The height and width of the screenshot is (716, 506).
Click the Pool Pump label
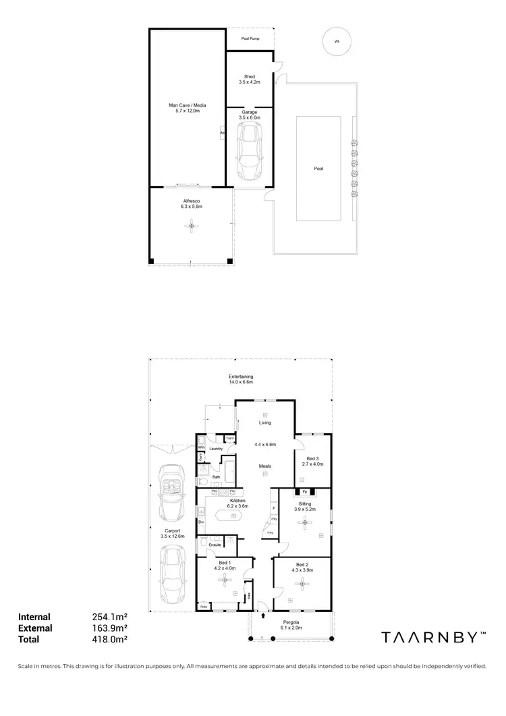point(250,39)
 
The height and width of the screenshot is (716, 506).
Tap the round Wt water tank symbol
point(336,41)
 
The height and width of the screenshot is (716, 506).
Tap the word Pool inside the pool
point(318,169)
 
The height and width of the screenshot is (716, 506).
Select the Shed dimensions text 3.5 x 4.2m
point(250,82)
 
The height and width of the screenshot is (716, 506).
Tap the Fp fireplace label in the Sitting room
point(305,491)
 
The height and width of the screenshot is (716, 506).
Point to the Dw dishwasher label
point(201,522)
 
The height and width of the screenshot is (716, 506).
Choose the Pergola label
point(291,624)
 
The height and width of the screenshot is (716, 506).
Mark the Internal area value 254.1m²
point(110,616)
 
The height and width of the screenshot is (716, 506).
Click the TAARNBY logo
point(432,636)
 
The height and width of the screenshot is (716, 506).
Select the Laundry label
point(216,448)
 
